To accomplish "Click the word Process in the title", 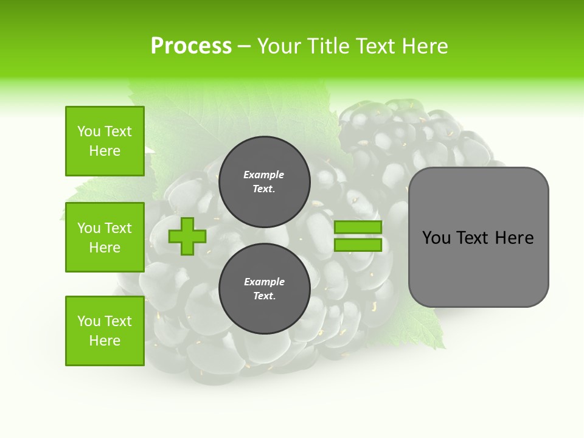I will point(191,46).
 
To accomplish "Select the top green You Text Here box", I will point(105,141).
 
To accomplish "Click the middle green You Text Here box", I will point(105,237).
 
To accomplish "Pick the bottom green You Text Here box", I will point(105,331).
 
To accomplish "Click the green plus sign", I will point(187,237).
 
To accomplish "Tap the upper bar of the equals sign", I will point(358,228).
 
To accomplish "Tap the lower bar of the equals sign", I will point(358,245).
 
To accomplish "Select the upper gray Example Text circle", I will point(264,182).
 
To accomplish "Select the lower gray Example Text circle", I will point(264,289).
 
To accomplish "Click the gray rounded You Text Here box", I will point(478,237).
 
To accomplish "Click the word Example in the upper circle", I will point(264,175).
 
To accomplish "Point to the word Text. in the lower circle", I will point(264,296).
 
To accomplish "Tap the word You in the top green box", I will point(89,131).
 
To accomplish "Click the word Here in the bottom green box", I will point(105,341).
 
